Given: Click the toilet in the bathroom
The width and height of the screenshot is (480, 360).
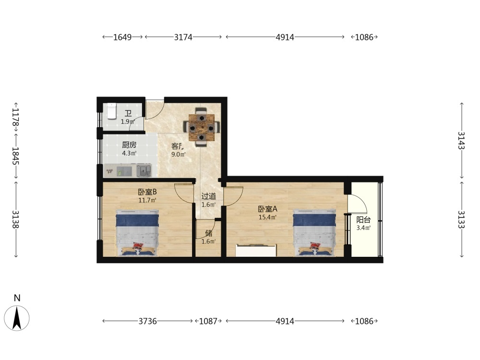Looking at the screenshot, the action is (x=112, y=111).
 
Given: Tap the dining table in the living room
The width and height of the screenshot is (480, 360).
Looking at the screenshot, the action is (x=202, y=127).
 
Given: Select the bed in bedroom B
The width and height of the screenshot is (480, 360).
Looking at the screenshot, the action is (x=137, y=232).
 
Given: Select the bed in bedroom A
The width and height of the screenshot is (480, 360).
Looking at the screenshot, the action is (x=314, y=232).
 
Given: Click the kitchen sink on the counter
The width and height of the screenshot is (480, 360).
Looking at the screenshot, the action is (x=144, y=170).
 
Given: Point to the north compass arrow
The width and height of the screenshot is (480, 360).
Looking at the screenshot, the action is (x=17, y=318).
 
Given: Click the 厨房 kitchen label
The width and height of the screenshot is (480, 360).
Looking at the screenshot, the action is (x=129, y=144).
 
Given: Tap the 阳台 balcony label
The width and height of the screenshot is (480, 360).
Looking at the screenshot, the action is (x=363, y=219).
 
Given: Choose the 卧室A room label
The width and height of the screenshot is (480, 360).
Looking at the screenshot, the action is (x=267, y=209).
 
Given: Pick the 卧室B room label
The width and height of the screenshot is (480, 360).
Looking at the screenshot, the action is (x=147, y=192).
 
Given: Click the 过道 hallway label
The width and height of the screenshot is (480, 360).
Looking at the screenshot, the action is (x=208, y=196).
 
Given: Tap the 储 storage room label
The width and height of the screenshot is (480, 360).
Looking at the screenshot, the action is (x=209, y=233).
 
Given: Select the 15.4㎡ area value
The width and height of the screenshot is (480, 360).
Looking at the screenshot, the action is (x=267, y=217).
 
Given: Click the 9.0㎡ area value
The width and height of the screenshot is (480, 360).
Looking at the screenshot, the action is (x=179, y=154).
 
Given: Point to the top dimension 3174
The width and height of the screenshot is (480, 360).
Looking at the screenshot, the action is (x=183, y=37).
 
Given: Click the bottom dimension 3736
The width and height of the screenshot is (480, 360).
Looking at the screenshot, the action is (x=147, y=321).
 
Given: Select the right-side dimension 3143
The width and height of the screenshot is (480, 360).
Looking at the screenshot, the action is (x=461, y=140).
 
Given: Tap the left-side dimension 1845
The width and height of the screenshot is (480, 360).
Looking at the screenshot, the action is (x=16, y=156).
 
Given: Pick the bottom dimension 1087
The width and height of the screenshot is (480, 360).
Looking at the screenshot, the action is (x=208, y=321).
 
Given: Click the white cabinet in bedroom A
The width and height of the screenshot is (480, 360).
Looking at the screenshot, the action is (x=256, y=251).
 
